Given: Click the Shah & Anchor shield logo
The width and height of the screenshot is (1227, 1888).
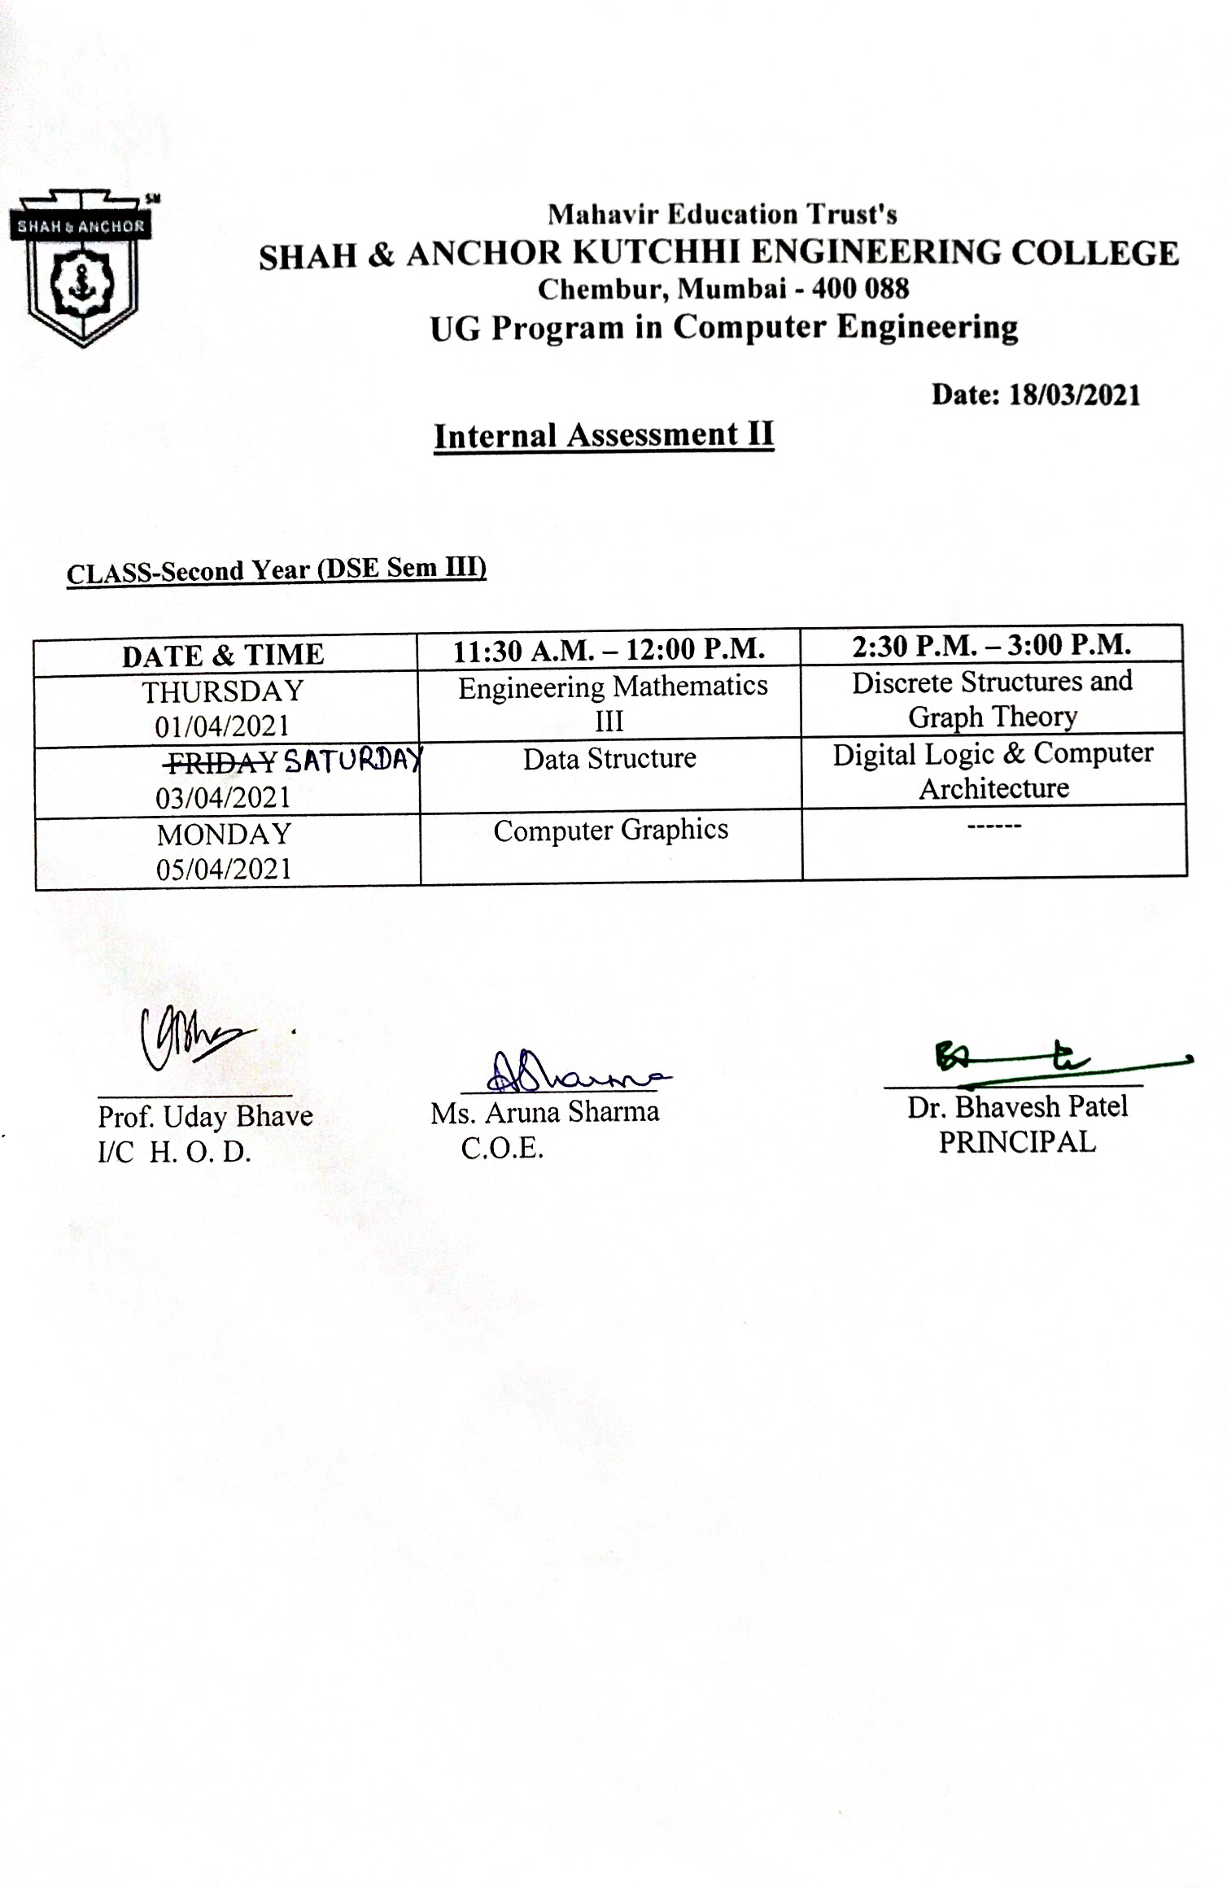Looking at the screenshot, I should [82, 269].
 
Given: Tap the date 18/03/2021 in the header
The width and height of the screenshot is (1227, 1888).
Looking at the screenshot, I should [1074, 395].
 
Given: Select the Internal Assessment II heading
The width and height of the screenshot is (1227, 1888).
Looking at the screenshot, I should [603, 435].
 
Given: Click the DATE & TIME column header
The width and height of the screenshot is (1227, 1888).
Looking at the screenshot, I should [223, 655].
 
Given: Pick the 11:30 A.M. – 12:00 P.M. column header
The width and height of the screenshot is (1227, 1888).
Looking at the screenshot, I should [609, 650].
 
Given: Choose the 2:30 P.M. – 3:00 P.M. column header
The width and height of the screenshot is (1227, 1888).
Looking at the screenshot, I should [992, 646].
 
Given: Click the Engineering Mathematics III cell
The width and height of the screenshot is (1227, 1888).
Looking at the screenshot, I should [612, 703].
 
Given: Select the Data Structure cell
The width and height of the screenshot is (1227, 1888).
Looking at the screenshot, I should [609, 759].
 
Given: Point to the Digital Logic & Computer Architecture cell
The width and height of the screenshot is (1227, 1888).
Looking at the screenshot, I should [993, 770].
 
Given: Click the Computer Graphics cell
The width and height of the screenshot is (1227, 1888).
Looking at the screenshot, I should [610, 831].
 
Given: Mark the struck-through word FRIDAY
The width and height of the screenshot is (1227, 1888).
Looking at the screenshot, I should [221, 762].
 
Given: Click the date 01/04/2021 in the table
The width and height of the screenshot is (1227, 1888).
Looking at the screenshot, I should [222, 726].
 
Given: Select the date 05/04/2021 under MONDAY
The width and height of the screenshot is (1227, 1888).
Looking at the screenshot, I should [224, 869].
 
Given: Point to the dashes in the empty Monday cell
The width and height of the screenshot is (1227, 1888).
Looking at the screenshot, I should [993, 826].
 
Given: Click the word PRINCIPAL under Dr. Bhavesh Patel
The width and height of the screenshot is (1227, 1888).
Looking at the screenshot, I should [1017, 1142].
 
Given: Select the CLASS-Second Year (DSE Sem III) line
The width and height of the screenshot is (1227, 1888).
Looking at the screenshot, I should [277, 570].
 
